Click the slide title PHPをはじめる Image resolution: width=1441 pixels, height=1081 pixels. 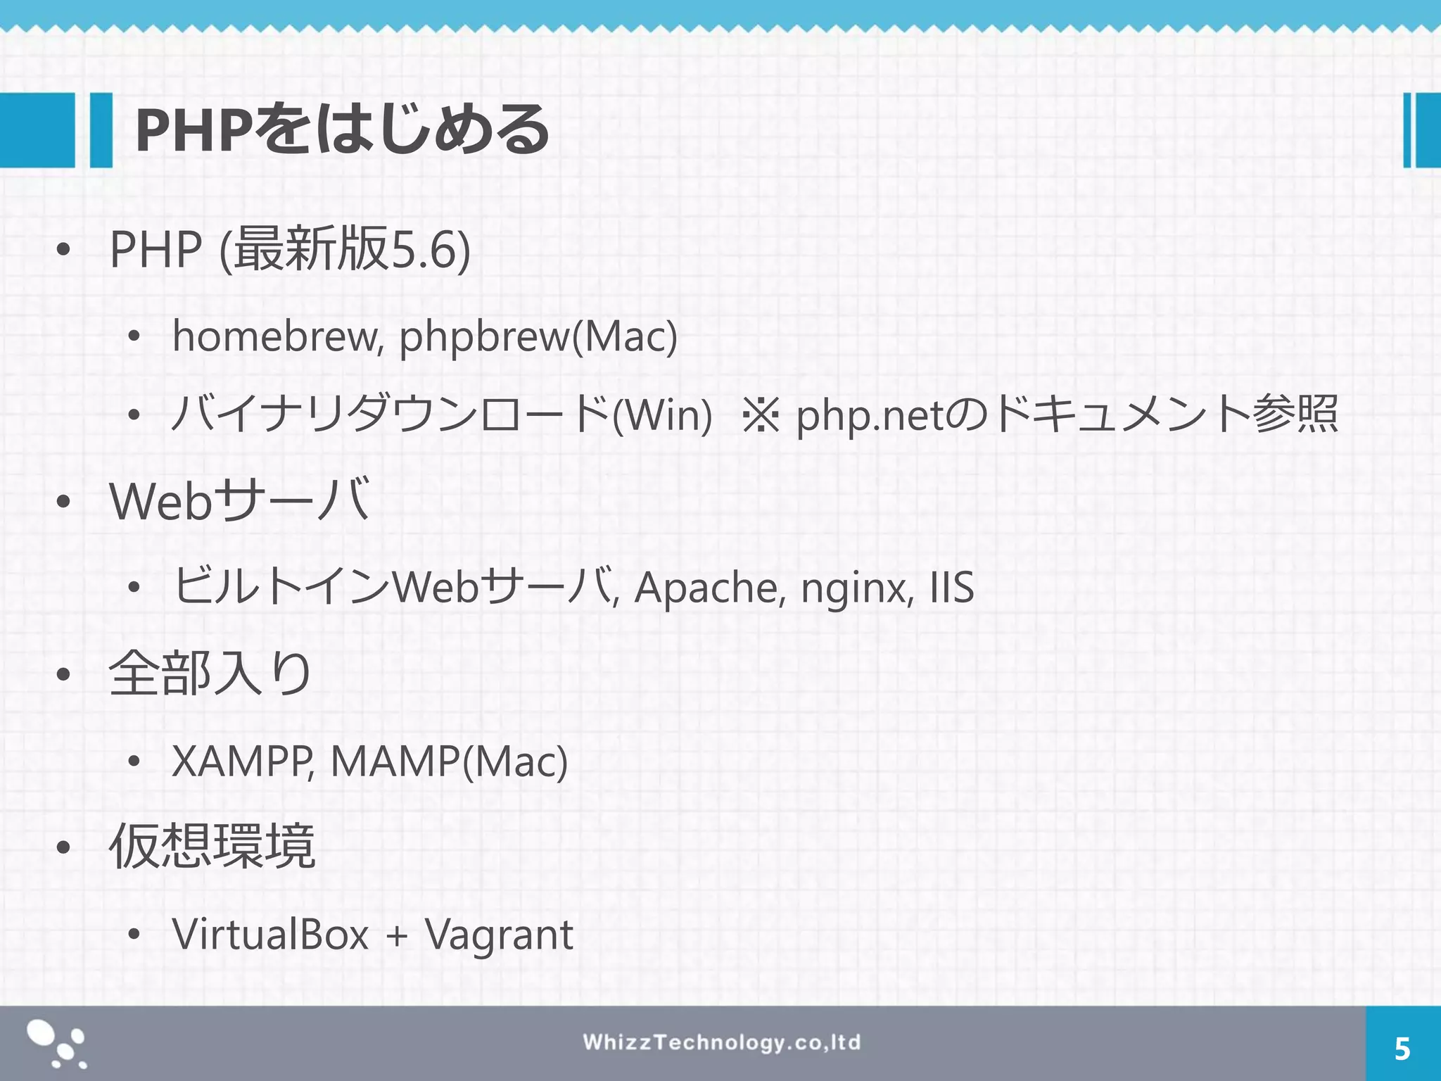[x=342, y=130]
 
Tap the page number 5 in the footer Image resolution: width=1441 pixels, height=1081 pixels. [x=1402, y=1049]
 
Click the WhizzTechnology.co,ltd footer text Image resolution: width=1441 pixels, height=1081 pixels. [x=721, y=1042]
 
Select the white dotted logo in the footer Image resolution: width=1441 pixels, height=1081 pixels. [x=57, y=1044]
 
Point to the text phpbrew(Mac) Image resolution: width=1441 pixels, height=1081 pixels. [x=538, y=336]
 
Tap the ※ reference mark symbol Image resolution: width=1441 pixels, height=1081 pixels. [x=761, y=415]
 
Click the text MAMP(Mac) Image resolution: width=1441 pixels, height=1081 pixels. [x=449, y=761]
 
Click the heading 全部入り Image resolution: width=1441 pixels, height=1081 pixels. [x=210, y=674]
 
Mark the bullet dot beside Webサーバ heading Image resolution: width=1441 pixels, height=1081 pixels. [x=63, y=502]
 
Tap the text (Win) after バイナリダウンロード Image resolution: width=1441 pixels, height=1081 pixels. [x=662, y=415]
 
